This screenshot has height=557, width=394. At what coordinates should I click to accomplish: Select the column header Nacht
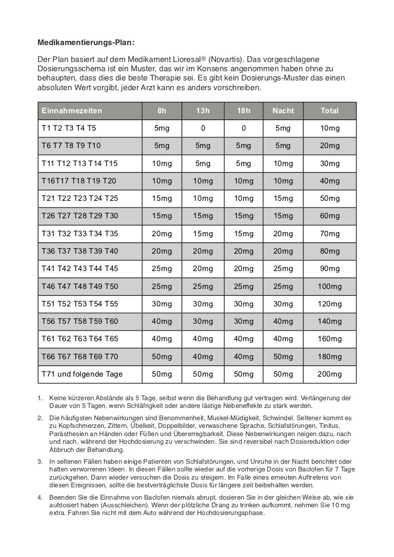point(283,111)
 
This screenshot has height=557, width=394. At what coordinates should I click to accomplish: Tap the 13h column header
point(203,111)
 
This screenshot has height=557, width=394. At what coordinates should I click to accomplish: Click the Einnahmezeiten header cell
point(72,111)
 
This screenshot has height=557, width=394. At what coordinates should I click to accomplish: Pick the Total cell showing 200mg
point(329,374)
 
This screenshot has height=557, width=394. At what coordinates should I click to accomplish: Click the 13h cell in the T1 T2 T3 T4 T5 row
point(203,128)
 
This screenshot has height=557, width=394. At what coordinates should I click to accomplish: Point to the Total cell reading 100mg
point(329,286)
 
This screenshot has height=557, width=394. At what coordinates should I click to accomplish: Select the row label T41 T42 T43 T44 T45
point(80,269)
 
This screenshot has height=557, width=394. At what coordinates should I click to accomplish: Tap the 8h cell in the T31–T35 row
point(162,234)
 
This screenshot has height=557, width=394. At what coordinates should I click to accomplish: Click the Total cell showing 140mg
point(329,321)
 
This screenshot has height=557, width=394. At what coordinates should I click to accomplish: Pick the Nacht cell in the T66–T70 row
point(283,356)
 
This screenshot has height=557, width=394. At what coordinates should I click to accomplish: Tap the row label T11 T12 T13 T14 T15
point(80,163)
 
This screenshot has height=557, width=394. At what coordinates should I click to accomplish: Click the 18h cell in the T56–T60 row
point(243,321)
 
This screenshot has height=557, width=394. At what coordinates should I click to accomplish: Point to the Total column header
point(329,111)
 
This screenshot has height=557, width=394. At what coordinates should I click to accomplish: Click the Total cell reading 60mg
point(329,216)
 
